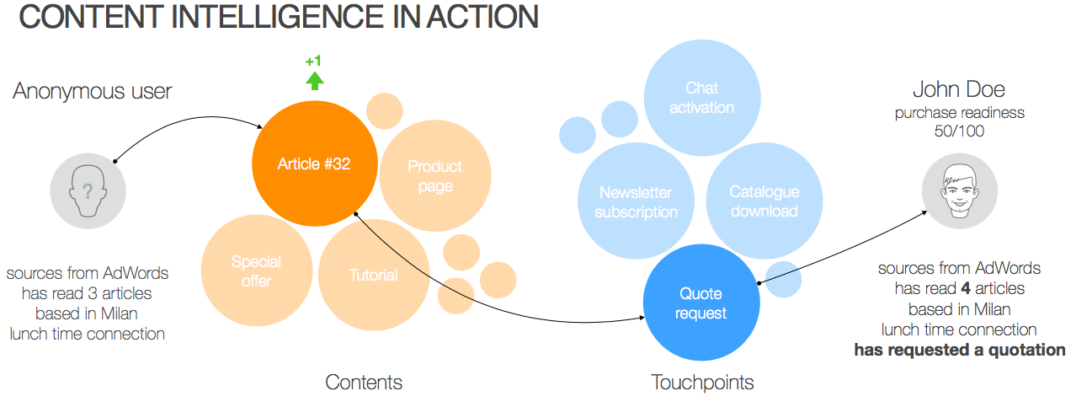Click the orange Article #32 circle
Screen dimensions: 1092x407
click(x=314, y=163)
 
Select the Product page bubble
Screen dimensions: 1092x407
click(x=434, y=175)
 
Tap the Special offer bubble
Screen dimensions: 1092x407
click(x=257, y=270)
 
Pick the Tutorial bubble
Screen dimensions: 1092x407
click(x=374, y=275)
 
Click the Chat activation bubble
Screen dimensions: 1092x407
click(x=702, y=98)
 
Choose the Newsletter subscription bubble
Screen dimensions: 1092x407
click(x=636, y=201)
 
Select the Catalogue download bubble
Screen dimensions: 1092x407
click(x=764, y=201)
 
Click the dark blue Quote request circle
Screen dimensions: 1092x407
click(x=701, y=303)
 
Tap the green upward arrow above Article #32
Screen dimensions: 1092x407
click(x=315, y=81)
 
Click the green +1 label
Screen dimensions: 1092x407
click(x=313, y=61)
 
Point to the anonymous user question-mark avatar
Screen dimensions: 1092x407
click(x=88, y=190)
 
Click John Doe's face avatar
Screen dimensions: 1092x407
click(x=960, y=190)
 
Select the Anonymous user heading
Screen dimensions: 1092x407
click(x=92, y=91)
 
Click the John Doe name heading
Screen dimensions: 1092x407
click(x=959, y=89)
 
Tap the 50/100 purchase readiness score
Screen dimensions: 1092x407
click(x=960, y=131)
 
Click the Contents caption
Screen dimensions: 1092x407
click(x=364, y=382)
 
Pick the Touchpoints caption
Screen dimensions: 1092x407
click(x=702, y=383)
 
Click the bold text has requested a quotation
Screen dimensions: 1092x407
click(x=960, y=350)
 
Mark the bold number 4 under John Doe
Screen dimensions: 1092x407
click(x=966, y=288)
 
